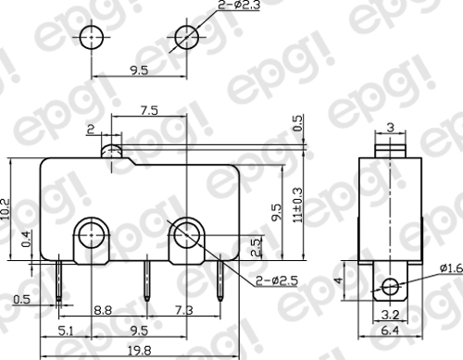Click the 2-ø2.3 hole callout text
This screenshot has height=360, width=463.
[x=239, y=5]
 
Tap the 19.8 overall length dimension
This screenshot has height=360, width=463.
[x=140, y=351]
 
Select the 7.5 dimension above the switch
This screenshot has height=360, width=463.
[x=149, y=110]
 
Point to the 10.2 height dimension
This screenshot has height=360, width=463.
[x=6, y=209]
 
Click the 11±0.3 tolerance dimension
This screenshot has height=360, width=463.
[x=298, y=205]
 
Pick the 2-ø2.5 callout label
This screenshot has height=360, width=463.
[x=277, y=280]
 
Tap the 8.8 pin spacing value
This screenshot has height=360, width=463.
[x=103, y=310]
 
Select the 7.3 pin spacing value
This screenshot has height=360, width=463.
[x=184, y=310]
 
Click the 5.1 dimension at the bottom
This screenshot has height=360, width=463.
[x=67, y=331]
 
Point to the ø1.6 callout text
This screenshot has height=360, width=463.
[x=452, y=268]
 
